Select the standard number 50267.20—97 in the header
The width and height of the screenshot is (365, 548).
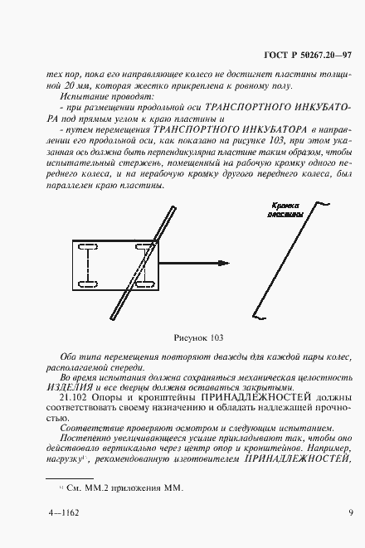point(326,56)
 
